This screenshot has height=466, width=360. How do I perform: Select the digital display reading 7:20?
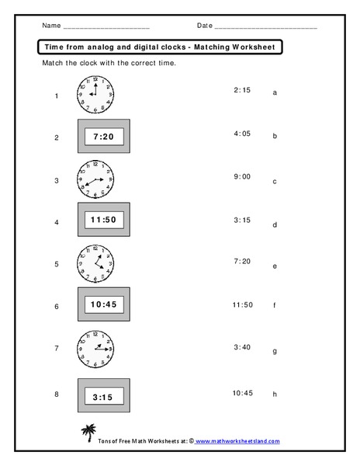[x=104, y=137]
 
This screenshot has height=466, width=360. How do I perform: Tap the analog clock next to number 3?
[x=95, y=179]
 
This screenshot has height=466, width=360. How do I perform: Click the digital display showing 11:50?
[x=104, y=221]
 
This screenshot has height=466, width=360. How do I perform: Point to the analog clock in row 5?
[x=95, y=263]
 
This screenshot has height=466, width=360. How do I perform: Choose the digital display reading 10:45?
[x=104, y=305]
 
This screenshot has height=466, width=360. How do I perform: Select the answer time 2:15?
[x=241, y=90]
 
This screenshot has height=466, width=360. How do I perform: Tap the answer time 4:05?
[x=241, y=134]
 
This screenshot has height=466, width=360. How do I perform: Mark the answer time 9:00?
[x=241, y=176]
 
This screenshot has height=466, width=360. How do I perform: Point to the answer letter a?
[x=275, y=92]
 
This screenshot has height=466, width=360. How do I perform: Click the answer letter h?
[x=275, y=395]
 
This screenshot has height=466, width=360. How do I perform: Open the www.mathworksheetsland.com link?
[x=237, y=440]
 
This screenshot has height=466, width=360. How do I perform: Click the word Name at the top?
[x=50, y=26]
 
